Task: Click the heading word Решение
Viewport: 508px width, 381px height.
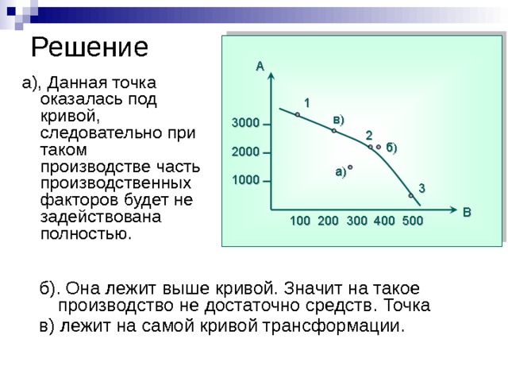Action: coord(90,48)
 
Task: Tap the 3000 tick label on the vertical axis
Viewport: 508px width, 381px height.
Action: coord(245,123)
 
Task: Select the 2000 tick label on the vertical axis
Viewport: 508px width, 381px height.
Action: coord(245,152)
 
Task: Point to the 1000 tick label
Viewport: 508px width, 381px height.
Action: coord(245,180)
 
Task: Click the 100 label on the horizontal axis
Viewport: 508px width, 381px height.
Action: coord(300,221)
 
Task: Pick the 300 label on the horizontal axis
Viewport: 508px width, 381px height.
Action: coord(357,221)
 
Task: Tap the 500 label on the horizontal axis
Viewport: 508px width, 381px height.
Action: coord(413,221)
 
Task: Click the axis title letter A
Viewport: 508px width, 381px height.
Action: coord(260,67)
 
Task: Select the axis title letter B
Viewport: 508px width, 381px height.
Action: coord(467,212)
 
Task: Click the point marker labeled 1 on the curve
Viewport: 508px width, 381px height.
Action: coord(298,114)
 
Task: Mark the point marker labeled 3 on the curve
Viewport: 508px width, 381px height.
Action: coord(411,195)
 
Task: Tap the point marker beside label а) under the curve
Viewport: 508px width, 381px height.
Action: coord(350,167)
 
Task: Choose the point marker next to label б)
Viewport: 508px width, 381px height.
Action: coord(379,147)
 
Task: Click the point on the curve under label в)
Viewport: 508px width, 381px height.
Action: coord(334,131)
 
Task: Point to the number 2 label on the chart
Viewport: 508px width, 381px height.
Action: coord(369,136)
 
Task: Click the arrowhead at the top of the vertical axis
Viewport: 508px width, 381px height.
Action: coord(271,76)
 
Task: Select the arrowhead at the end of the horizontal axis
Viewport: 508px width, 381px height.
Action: coord(453,210)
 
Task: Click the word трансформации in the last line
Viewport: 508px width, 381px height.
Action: coord(333,325)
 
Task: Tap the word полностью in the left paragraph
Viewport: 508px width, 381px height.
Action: coord(87,234)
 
